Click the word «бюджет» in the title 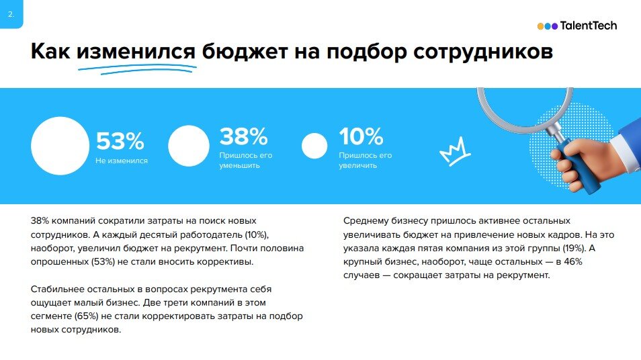[x=244, y=52]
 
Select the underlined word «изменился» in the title [x=136, y=52]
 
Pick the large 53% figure [x=120, y=141]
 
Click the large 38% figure [x=244, y=136]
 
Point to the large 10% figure [x=361, y=136]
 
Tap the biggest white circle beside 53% [x=60, y=146]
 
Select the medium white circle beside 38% [x=189, y=146]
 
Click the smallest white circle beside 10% [x=314, y=146]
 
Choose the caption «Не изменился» [x=122, y=161]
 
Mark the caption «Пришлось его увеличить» [x=365, y=160]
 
